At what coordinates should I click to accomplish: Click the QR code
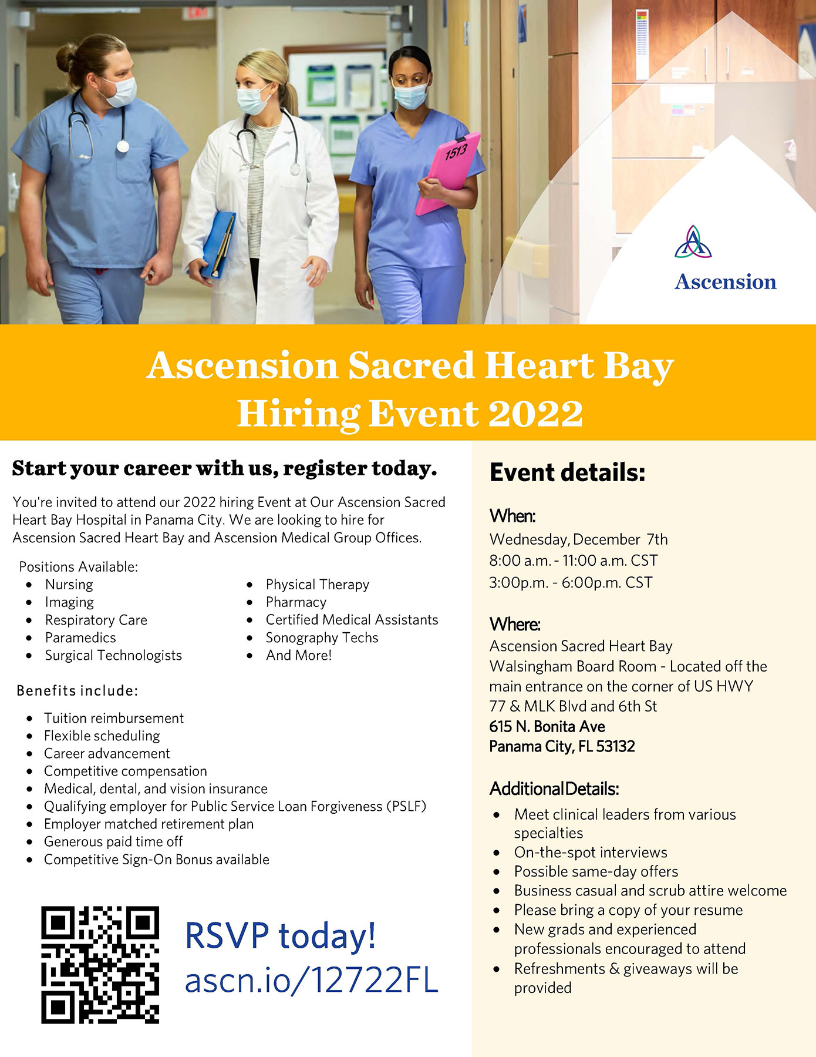point(100,965)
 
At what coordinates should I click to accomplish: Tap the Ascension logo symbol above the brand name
point(693,241)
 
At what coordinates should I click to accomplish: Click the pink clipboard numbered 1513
point(448,173)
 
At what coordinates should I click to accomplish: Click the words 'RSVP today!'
point(280,935)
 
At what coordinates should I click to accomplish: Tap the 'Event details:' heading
point(567,472)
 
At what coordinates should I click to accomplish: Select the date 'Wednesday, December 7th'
point(578,539)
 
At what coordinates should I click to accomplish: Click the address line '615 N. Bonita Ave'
point(547,726)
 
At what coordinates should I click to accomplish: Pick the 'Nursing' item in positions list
point(69,585)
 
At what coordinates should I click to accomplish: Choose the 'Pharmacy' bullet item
point(296,602)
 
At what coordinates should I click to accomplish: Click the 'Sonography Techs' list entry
point(322,637)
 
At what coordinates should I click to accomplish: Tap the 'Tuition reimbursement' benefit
point(114,718)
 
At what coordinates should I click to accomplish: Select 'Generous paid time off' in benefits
point(113,841)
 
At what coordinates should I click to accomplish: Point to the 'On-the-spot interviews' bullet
point(591,853)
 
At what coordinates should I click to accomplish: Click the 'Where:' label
point(515,624)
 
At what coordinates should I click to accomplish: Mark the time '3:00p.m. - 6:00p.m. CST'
point(571,582)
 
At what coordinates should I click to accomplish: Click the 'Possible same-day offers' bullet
point(596,871)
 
